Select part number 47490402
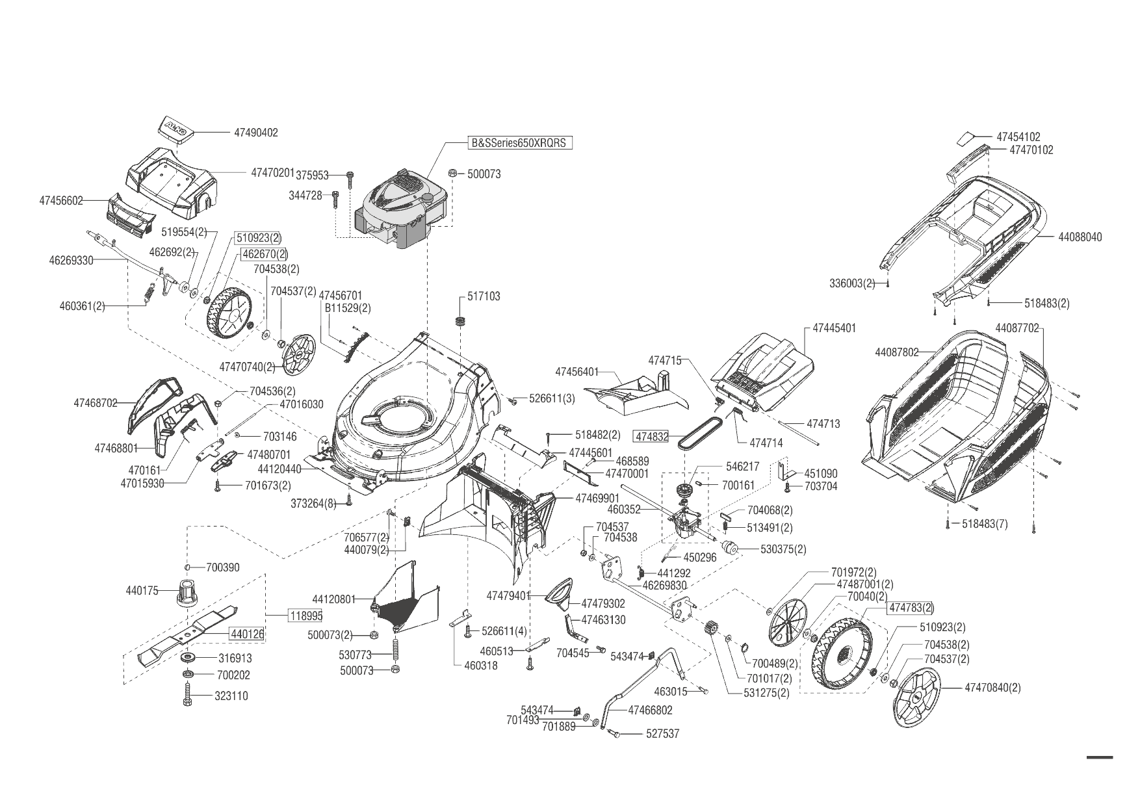point(255,133)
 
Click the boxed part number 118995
point(305,615)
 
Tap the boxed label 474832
point(652,437)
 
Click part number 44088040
point(1080,237)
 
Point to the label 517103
point(484,296)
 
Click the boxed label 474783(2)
point(911,608)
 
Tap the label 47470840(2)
point(992,688)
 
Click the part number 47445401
point(835,328)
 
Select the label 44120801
point(334,599)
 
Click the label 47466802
point(650,710)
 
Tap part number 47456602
point(61,201)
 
